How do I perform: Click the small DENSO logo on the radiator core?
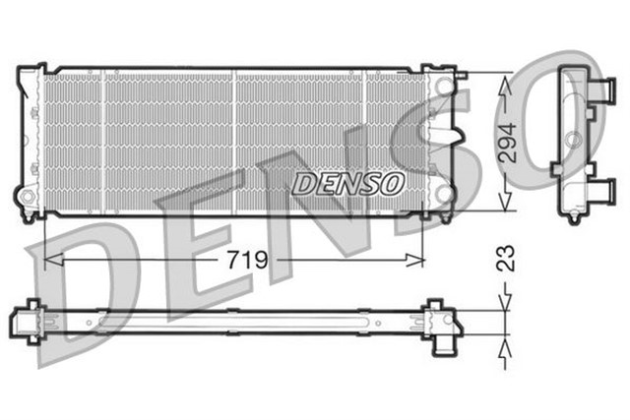[x=347, y=182]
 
